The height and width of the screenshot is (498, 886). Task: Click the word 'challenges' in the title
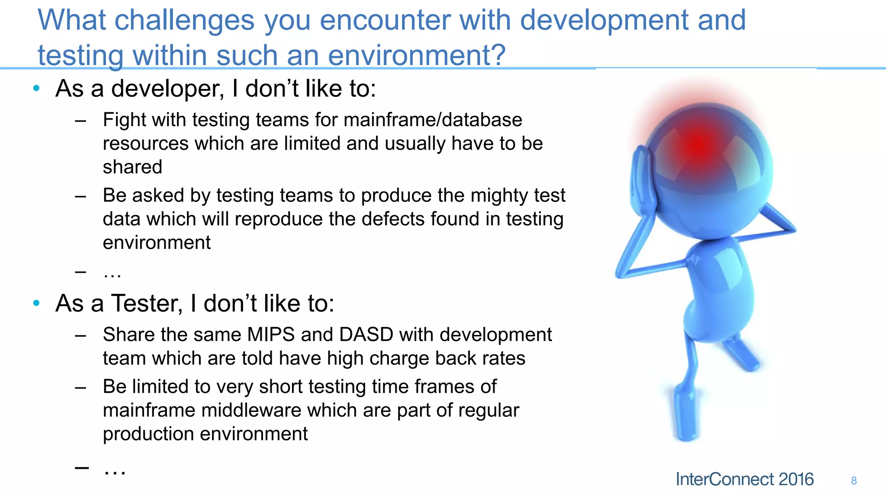pos(184,21)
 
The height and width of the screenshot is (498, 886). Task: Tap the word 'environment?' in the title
pos(416,56)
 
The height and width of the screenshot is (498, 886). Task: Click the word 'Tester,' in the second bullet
pos(147,303)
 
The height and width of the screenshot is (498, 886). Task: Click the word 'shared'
pos(132,167)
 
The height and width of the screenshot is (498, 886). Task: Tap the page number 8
pos(854,481)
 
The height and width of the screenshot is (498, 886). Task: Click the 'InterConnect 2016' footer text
pos(745,479)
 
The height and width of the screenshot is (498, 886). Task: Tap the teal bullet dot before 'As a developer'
pos(37,89)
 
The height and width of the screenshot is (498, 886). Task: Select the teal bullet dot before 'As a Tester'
pos(37,303)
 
